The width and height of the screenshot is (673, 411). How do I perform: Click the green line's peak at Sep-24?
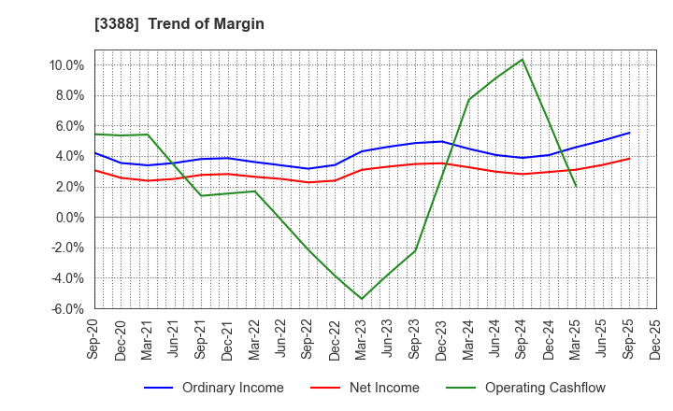pyautogui.click(x=522, y=60)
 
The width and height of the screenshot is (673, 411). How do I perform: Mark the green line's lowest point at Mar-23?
pyautogui.click(x=362, y=299)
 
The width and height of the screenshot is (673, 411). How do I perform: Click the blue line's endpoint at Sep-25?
pyautogui.click(x=629, y=133)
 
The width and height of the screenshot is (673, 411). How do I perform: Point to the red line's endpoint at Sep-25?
pyautogui.click(x=629, y=158)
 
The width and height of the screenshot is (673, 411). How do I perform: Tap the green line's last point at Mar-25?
pyautogui.click(x=576, y=187)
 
